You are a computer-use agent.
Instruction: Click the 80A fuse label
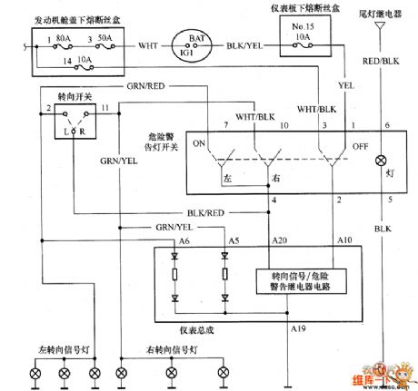point(65,39)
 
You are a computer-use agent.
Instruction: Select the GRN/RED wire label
point(142,87)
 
